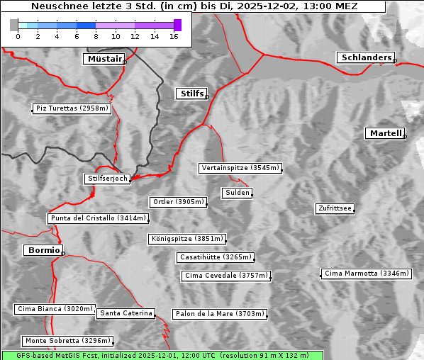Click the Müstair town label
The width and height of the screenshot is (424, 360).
(x=104, y=59)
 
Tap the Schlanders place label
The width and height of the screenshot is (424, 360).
(x=365, y=57)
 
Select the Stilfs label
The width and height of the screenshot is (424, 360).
(x=191, y=94)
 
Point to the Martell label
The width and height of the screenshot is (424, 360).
(x=385, y=133)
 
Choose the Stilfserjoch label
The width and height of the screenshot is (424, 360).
(x=107, y=179)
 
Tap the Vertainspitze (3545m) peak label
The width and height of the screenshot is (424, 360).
(x=240, y=168)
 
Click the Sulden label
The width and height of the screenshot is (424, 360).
(x=236, y=193)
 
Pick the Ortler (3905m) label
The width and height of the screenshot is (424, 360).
(x=178, y=202)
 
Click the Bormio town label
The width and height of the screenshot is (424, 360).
(x=43, y=250)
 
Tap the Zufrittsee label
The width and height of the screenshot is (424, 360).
(x=335, y=208)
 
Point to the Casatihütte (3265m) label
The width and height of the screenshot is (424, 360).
(x=216, y=257)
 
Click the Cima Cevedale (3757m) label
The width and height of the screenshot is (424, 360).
(x=226, y=276)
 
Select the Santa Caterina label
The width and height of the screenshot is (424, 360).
(x=126, y=313)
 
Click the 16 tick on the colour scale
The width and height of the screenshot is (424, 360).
(x=174, y=36)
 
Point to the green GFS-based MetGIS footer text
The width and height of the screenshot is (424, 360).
(x=162, y=355)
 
